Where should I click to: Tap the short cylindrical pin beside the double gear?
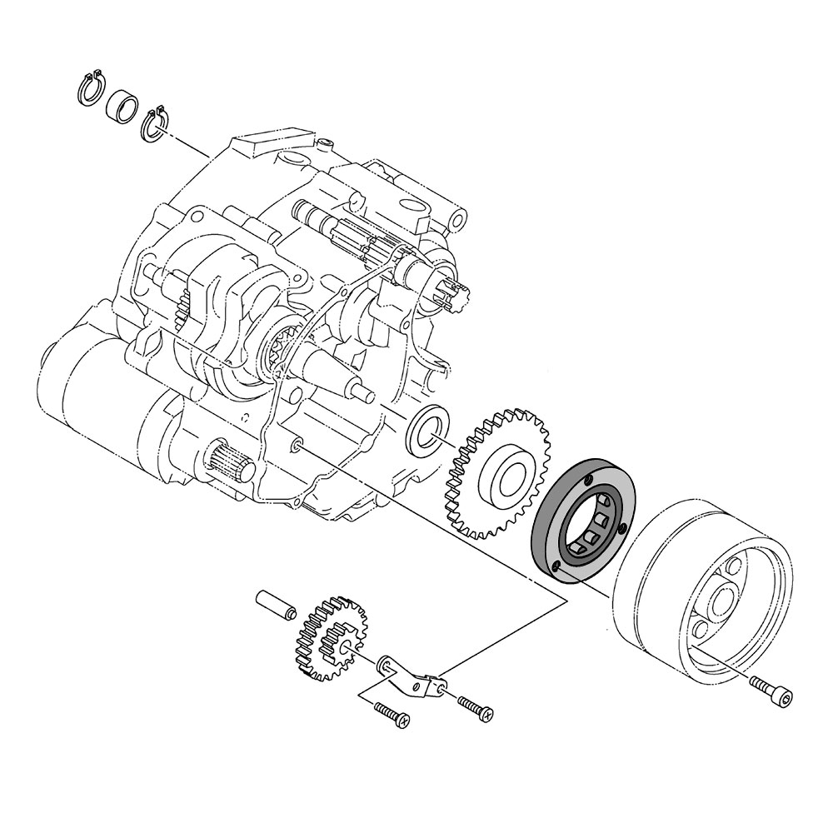(x=276, y=604)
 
